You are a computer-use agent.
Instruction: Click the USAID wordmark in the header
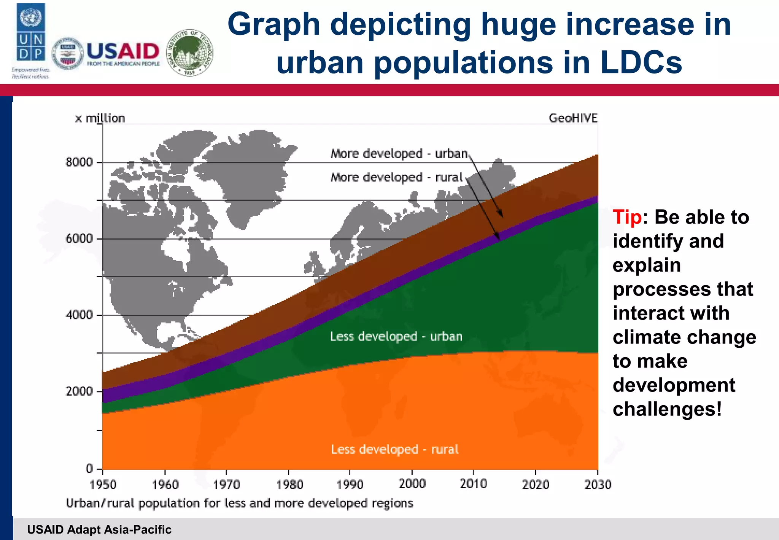[x=123, y=51]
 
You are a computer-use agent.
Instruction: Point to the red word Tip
[x=627, y=217]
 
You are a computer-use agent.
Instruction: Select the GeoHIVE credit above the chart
[x=573, y=118]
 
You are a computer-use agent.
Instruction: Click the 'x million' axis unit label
[x=100, y=118]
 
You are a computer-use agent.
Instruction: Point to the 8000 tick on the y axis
[x=79, y=162]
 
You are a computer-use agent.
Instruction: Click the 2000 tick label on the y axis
[x=79, y=391]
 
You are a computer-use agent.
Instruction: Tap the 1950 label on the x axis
[x=103, y=485]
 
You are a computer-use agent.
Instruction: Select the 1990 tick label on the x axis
[x=350, y=485]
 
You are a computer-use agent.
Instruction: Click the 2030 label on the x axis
[x=598, y=485]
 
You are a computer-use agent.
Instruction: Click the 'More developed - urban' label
[x=399, y=153]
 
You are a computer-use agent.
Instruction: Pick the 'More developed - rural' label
[x=396, y=177]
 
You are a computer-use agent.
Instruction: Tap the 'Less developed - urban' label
[x=396, y=336]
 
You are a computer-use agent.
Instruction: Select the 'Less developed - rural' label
[x=394, y=449]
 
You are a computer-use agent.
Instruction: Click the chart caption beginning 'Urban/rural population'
[x=239, y=503]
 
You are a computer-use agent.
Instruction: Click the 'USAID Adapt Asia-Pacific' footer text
[x=99, y=530]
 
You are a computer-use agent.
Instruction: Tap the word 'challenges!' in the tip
[x=667, y=409]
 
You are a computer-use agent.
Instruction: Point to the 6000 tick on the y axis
[x=79, y=239]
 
